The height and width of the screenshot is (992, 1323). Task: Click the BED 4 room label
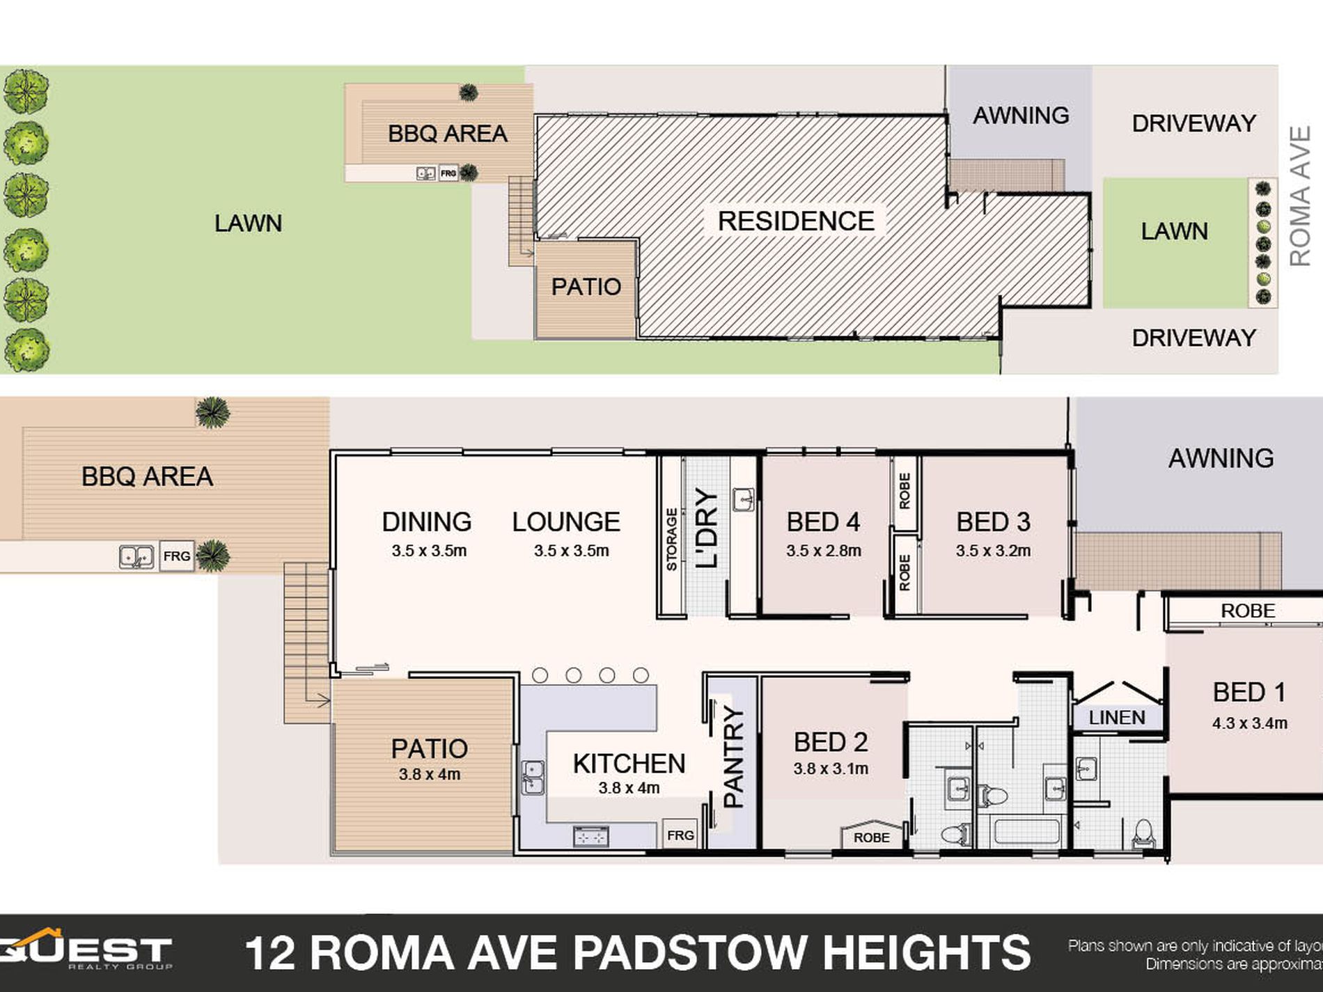823,522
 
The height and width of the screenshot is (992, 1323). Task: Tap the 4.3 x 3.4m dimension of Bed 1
1249,723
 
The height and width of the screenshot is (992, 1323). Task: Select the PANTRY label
733,756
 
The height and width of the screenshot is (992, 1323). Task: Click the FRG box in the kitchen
680,835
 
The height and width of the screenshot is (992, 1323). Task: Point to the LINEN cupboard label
1117,718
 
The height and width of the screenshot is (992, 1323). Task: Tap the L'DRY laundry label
706,528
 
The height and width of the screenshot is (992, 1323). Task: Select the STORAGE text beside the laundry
672,540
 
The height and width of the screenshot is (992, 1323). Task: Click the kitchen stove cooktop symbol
590,836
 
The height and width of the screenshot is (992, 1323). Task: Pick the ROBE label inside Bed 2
871,837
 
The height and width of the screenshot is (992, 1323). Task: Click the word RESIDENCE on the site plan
796,221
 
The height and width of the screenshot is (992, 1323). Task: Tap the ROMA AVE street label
1299,196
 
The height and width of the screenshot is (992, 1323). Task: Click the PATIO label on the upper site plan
586,287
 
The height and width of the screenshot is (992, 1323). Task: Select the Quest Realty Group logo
87,950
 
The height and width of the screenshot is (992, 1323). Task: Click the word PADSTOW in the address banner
689,953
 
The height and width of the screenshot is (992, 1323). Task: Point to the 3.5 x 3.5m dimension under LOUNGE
571,551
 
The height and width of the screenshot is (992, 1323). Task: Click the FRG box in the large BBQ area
176,556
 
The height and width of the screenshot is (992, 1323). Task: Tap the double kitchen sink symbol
533,777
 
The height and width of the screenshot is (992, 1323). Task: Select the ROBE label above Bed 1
1248,611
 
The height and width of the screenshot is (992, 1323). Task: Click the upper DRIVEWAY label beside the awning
1193,123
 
